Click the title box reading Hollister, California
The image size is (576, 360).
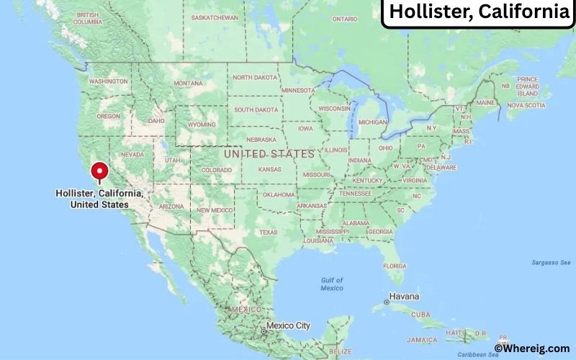(478, 12)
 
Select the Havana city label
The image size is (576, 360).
(405, 297)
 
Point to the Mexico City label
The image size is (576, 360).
(288, 325)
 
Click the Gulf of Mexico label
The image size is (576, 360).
(332, 284)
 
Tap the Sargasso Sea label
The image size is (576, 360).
(551, 262)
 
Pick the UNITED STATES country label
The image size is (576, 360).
(269, 154)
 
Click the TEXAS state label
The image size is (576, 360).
(268, 232)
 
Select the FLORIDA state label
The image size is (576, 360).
(395, 266)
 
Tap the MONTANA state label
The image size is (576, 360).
(188, 84)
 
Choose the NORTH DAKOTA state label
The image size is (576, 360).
(253, 78)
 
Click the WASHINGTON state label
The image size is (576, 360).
(108, 81)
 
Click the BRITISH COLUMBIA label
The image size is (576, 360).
(88, 19)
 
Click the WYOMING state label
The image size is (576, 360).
(202, 124)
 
